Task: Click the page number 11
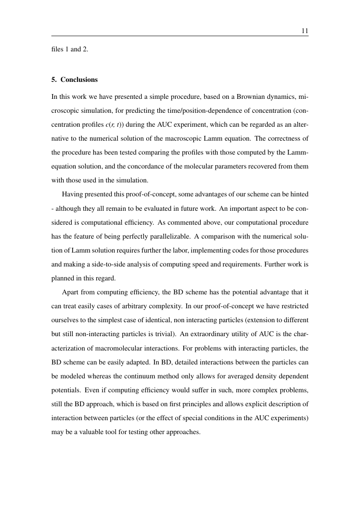[x=305, y=31]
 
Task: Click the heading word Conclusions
[x=79, y=80]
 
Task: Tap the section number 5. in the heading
[x=54, y=80]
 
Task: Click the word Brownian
[x=238, y=98]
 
